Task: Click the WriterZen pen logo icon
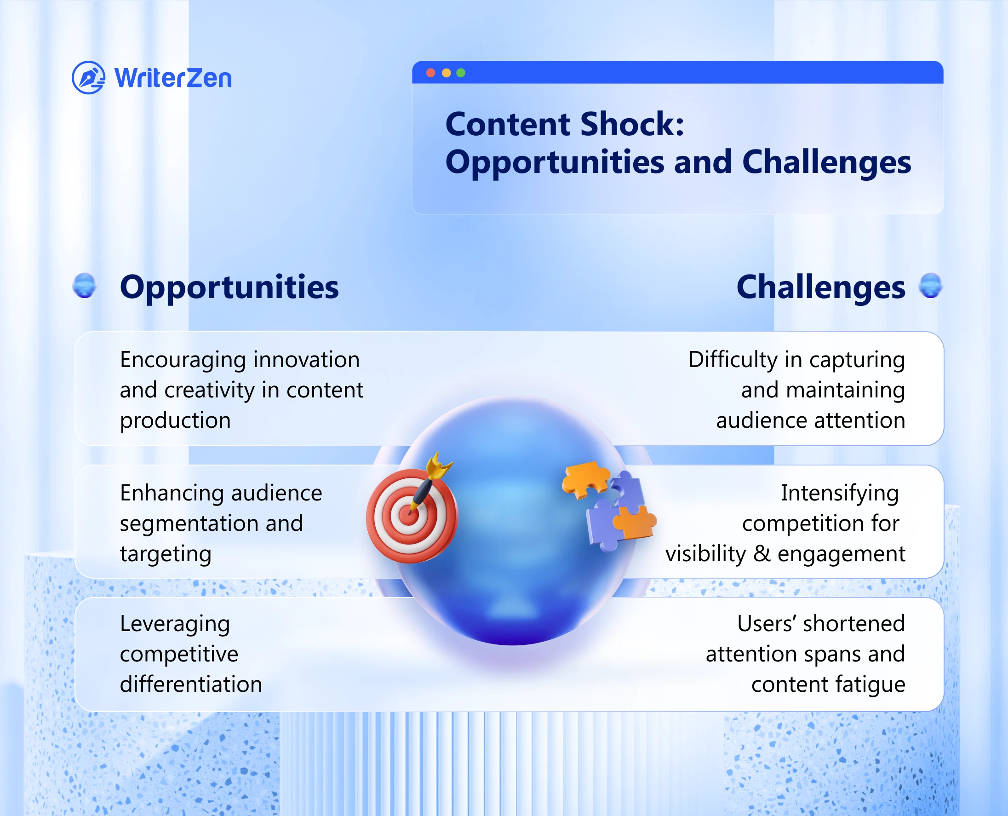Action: pos(88,78)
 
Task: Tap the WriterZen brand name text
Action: pos(173,78)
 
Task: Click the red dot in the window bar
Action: pos(430,73)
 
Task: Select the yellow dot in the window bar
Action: pos(446,73)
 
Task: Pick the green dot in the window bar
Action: pos(461,73)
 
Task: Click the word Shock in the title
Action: pos(632,124)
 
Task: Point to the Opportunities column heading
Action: pos(229,287)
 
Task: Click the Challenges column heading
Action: pos(820,287)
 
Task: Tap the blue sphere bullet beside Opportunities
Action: pos(85,286)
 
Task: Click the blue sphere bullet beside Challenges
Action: pos(930,286)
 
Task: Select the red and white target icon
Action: pos(412,516)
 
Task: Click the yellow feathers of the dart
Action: pos(438,465)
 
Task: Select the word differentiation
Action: pos(191,684)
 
